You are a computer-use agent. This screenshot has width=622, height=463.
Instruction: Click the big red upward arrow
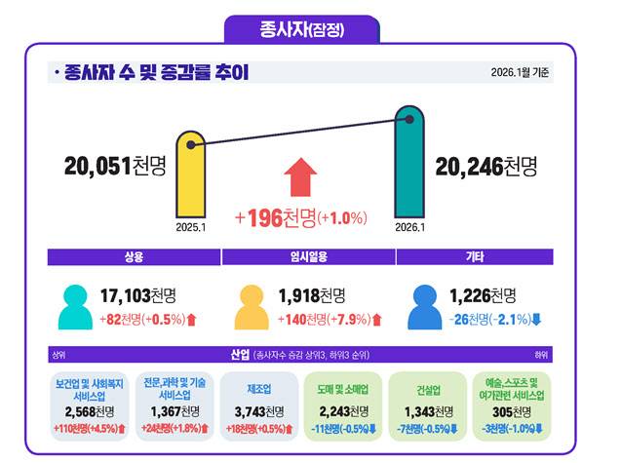click(301, 178)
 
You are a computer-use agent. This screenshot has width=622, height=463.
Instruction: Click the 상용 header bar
click(134, 257)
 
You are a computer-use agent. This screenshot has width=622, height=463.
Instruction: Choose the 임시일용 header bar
click(308, 257)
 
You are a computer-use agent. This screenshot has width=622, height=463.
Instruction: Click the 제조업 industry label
click(260, 387)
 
